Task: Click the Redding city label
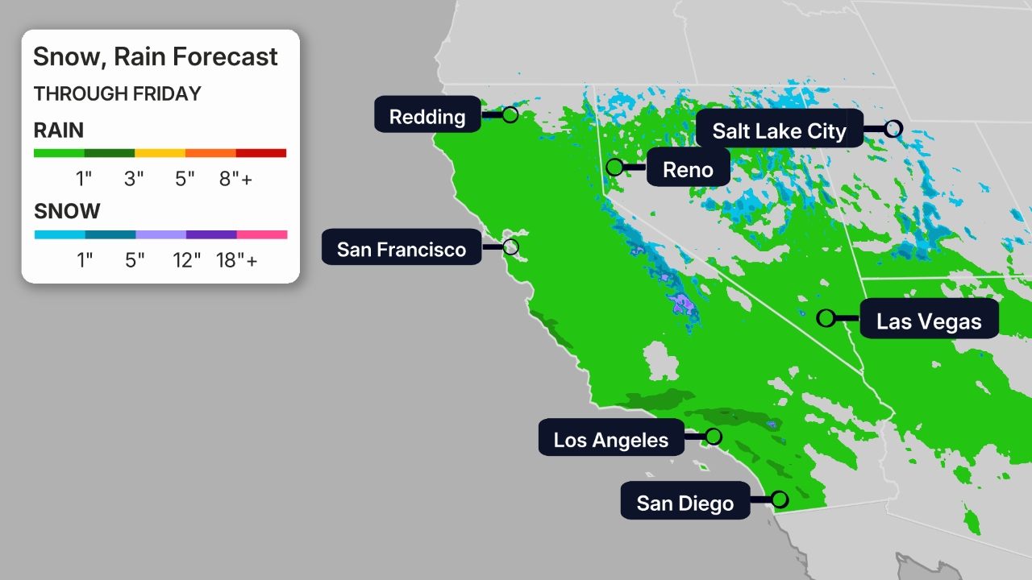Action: (x=427, y=116)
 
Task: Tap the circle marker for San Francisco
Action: (x=510, y=246)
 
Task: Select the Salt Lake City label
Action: (x=779, y=130)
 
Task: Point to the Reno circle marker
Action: (x=614, y=168)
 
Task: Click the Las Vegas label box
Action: (x=929, y=321)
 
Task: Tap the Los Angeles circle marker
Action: (x=713, y=437)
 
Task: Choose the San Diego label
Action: (x=685, y=503)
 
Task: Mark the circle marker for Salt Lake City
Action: (x=893, y=128)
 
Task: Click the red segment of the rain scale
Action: (x=261, y=153)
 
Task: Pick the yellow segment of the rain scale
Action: (x=160, y=153)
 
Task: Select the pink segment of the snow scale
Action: (x=262, y=234)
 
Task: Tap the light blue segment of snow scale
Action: (x=59, y=234)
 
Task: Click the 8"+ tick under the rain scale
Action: (x=235, y=178)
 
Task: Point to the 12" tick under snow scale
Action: (x=186, y=259)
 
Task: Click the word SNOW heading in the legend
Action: (x=67, y=211)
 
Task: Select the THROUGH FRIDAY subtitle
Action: (x=117, y=94)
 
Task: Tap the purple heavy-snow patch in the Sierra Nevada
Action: (x=682, y=304)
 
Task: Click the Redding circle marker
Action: (x=510, y=114)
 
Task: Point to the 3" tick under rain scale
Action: (x=134, y=178)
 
